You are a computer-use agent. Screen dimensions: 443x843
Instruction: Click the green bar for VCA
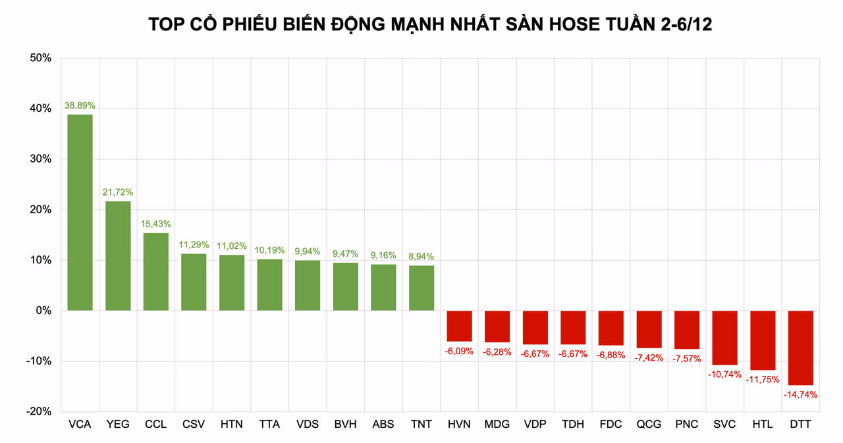point(80,212)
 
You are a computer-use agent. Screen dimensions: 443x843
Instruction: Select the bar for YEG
point(118,255)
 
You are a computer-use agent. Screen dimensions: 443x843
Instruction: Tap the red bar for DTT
point(800,348)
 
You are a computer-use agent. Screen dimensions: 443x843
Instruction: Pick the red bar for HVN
point(459,326)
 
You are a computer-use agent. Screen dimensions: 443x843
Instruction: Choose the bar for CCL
point(155,271)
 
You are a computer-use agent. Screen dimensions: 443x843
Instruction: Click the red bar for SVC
point(724,338)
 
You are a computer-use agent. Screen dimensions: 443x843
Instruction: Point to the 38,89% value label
point(80,105)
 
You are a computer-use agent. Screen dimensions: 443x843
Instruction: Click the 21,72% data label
point(118,192)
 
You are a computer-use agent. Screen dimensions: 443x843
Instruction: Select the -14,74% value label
point(800,395)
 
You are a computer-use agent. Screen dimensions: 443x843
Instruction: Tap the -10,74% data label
point(724,375)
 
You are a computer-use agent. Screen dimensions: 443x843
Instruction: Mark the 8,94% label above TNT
point(421,257)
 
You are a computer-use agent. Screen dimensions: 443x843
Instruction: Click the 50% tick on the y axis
point(40,58)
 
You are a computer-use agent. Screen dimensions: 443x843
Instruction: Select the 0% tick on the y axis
point(43,311)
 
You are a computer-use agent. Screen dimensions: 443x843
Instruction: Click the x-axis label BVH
point(345,425)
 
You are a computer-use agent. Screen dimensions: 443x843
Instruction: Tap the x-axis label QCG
point(649,425)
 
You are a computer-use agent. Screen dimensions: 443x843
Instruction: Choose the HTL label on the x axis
point(762,425)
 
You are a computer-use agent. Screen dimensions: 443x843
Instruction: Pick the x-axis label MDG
point(497,425)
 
